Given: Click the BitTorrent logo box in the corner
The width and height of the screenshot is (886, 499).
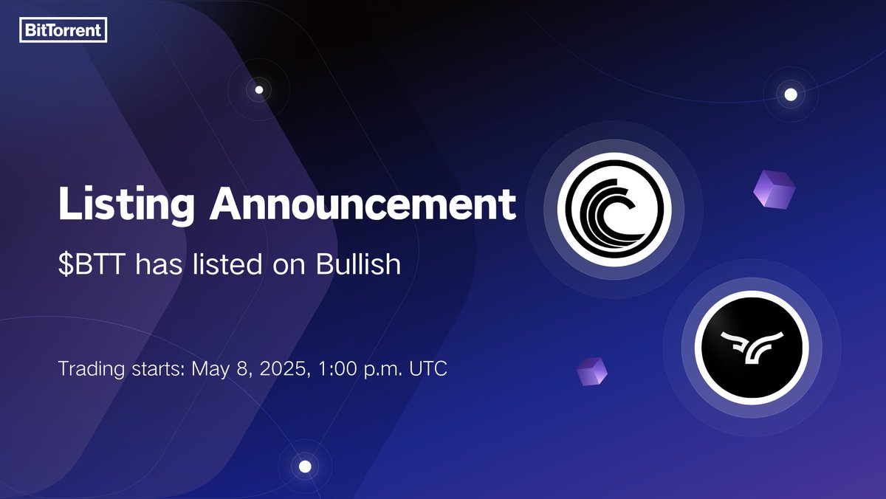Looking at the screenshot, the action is (63, 30).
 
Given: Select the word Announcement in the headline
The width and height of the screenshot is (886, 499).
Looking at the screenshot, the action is (363, 204).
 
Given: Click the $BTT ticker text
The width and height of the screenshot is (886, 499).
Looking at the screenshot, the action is (92, 264).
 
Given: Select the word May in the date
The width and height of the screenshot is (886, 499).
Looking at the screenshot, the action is (209, 370).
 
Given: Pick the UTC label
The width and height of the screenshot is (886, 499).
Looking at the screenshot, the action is (428, 368).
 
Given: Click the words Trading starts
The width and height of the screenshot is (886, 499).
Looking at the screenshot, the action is (122, 370).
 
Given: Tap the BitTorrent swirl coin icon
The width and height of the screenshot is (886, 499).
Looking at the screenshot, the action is (614, 210).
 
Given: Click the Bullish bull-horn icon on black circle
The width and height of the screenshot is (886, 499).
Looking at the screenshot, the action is (752, 348).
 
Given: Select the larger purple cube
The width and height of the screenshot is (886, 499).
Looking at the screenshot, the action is (774, 190).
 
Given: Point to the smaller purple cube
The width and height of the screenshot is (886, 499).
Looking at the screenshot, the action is (591, 371).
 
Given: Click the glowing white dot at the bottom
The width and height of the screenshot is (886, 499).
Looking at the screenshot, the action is (305, 467).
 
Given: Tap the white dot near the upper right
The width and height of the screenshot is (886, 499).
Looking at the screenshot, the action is (791, 94).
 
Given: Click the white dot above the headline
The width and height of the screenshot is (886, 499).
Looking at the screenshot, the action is (259, 90).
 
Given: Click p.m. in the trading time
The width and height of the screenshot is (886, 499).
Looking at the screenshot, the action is (383, 370).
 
